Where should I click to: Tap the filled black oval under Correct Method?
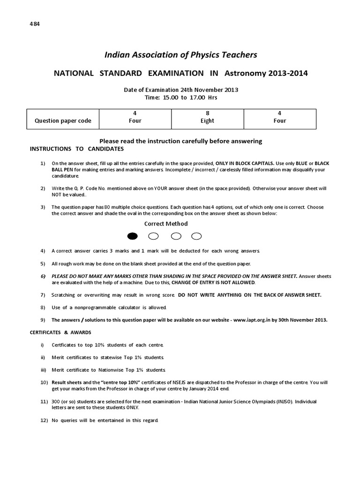[133, 236]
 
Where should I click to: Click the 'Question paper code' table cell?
[63, 120]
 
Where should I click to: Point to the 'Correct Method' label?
[165, 224]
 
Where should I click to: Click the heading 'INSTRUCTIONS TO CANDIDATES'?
[77, 149]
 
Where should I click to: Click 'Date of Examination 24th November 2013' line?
[181, 90]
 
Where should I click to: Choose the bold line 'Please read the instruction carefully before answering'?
[181, 141]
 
